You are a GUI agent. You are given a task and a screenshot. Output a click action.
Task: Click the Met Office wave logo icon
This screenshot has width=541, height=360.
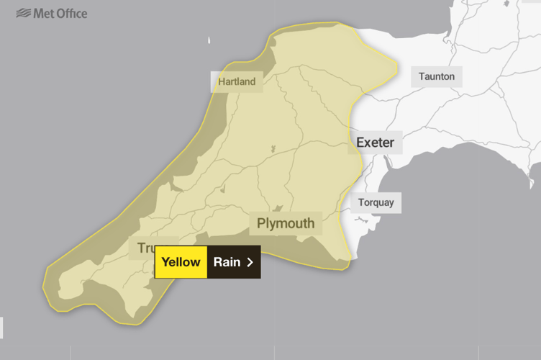(x=23, y=13)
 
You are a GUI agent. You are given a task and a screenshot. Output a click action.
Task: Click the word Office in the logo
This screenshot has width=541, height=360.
(x=69, y=13)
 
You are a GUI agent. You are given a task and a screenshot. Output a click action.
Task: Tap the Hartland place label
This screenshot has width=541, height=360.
(x=237, y=81)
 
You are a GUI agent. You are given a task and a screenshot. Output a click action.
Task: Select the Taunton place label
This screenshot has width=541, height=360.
(x=437, y=76)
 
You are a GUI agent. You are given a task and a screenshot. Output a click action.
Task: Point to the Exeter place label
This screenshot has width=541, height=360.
(x=376, y=143)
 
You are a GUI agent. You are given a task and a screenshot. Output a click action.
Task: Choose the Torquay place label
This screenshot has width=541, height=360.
(x=376, y=202)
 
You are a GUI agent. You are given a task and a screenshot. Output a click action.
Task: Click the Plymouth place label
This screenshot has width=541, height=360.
(x=286, y=223)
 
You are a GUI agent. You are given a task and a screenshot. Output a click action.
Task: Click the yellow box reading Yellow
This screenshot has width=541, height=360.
(x=181, y=262)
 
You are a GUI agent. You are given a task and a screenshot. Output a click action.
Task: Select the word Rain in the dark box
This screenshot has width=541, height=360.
(x=227, y=262)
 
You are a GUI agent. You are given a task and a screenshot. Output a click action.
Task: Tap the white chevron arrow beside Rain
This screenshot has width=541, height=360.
(x=250, y=262)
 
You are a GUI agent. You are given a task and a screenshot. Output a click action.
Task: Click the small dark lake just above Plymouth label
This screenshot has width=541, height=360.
(x=279, y=208)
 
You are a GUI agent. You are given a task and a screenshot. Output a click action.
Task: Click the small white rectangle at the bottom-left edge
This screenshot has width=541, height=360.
(x=1, y=327)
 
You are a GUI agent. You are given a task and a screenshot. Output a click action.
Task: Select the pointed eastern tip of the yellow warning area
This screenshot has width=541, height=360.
(x=396, y=69)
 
